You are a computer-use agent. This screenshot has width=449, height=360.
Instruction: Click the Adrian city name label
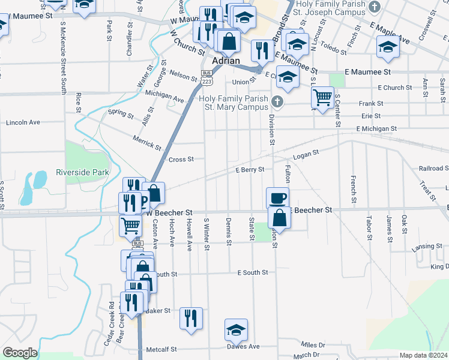click(x=226, y=61)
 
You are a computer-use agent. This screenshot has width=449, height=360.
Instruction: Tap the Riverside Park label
click(x=82, y=172)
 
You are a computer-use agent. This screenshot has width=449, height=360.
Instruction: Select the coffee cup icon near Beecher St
click(x=277, y=198)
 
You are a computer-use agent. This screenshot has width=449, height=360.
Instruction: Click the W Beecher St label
click(x=169, y=213)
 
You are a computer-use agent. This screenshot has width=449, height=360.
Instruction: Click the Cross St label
click(x=181, y=160)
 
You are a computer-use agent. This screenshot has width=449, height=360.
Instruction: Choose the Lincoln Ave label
click(x=23, y=122)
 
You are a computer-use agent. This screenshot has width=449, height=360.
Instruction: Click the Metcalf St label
click(x=161, y=349)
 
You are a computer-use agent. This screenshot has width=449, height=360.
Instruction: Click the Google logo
click(x=19, y=353)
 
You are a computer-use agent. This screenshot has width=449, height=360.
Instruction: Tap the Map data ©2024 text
click(x=424, y=355)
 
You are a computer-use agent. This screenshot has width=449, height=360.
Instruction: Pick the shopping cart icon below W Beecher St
click(x=131, y=227)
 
